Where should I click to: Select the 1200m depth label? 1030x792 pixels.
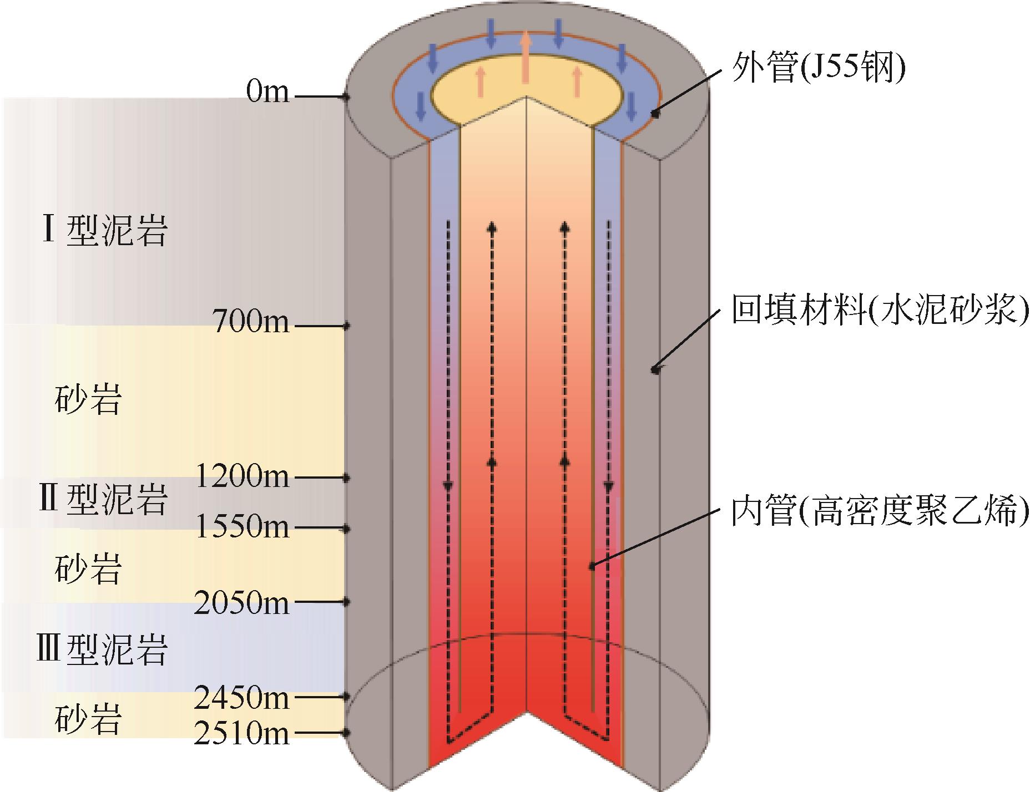[243, 476]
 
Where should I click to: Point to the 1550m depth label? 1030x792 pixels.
[243, 526]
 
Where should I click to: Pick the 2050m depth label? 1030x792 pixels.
[243, 602]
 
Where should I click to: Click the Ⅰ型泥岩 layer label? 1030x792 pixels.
[103, 231]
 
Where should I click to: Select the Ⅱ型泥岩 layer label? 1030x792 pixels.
[102, 500]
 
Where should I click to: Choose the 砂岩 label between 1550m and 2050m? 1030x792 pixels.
[88, 569]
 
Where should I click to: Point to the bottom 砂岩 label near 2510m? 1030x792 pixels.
[88, 719]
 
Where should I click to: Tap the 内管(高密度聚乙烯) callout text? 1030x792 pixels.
[880, 511]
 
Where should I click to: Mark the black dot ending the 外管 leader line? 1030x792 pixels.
[655, 114]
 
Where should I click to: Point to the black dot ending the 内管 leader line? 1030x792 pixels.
[592, 567]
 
